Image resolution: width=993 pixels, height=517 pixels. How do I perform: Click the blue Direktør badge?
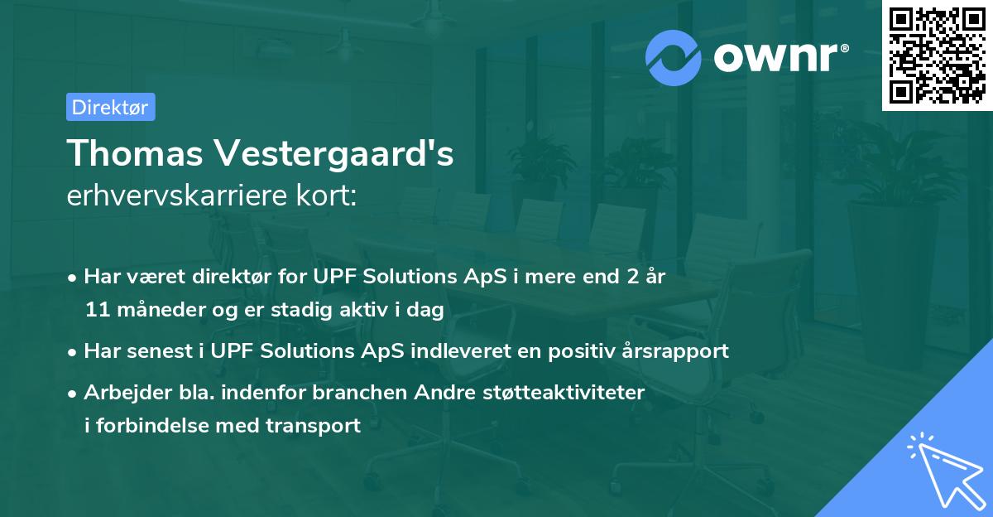click(x=111, y=107)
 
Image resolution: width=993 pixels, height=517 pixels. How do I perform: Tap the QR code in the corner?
click(x=938, y=56)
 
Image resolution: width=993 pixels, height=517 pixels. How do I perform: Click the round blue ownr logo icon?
click(x=673, y=58)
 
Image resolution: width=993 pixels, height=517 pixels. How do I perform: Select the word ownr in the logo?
click(x=775, y=57)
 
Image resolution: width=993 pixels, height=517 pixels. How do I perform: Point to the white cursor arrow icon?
click(x=947, y=471)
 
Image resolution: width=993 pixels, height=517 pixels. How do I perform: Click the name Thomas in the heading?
click(x=135, y=153)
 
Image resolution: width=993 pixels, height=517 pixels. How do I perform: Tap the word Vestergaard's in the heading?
click(x=334, y=154)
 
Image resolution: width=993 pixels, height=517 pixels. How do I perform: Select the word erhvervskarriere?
click(x=178, y=196)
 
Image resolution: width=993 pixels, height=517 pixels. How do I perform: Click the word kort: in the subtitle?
click(x=326, y=196)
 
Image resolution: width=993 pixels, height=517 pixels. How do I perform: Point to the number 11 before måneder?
click(x=98, y=310)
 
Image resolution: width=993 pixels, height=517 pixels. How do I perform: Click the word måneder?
click(x=161, y=309)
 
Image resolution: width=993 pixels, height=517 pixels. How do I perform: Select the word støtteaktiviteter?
click(x=564, y=392)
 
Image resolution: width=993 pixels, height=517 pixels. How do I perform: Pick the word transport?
click(x=313, y=426)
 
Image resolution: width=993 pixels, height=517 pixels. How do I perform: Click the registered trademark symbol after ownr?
click(x=844, y=48)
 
